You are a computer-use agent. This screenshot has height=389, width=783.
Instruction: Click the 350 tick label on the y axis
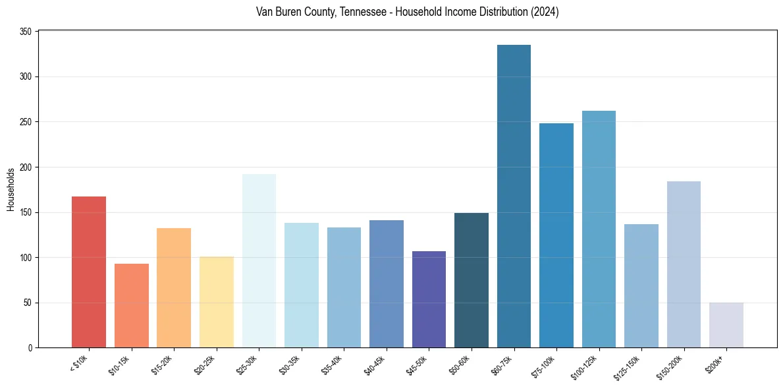coord(26,32)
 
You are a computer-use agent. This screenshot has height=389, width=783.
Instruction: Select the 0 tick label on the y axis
coord(30,348)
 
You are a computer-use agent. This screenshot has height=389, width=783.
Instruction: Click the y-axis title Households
coord(11,190)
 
